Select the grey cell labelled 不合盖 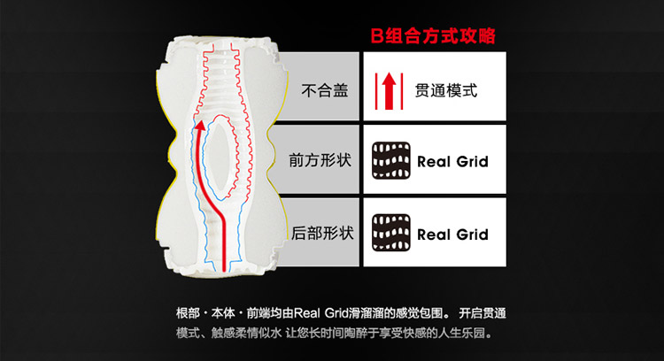[x=326, y=89]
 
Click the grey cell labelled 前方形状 [x=320, y=162]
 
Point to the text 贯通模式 [x=446, y=89]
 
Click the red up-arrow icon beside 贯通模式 [x=388, y=89]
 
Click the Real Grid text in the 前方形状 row [x=452, y=162]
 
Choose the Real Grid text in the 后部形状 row [x=452, y=234]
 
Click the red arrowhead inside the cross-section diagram [x=201, y=127]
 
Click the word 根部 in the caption [x=189, y=314]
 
